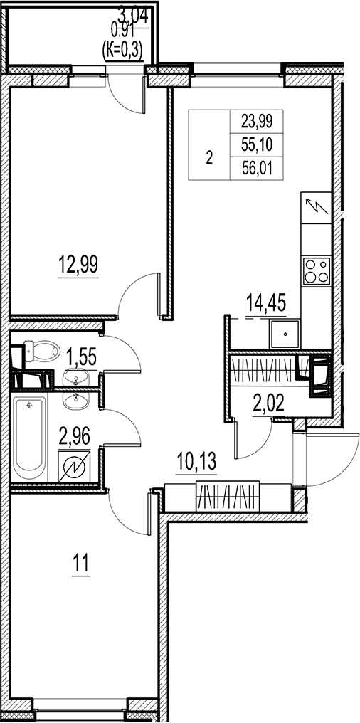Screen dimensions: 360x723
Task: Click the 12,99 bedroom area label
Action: coord(78,265)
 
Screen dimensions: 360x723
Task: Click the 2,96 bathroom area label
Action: coord(74,436)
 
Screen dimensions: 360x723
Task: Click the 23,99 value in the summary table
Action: coord(257,121)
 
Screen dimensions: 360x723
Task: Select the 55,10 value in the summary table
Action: coord(257,145)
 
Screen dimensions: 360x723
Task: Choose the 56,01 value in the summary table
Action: coord(257,169)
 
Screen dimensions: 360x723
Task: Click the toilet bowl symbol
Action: coord(42,352)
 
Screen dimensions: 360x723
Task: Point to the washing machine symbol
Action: coord(74,467)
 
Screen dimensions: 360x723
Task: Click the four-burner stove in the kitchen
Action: coord(317,271)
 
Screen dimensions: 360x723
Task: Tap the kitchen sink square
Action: coord(285,334)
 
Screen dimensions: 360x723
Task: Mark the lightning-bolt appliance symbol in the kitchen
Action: coord(316,208)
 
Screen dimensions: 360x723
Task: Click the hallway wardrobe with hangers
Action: coord(228,497)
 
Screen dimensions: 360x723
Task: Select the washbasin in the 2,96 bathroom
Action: coord(78,401)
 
